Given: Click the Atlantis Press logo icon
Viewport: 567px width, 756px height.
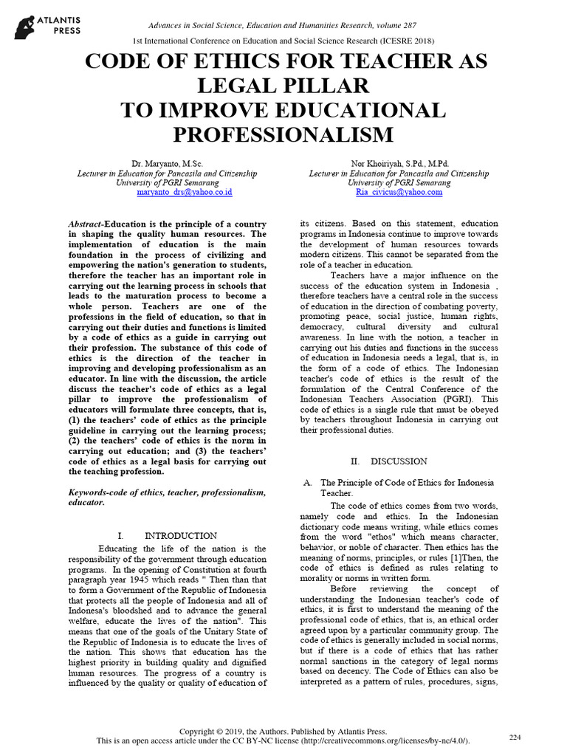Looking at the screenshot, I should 27,27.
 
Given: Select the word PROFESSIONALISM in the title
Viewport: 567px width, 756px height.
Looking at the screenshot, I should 283,134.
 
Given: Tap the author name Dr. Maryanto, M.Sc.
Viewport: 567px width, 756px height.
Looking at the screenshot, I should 167,163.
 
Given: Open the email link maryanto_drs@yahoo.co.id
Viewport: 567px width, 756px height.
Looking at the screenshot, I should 185,191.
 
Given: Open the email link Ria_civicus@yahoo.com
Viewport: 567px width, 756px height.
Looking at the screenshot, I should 399,191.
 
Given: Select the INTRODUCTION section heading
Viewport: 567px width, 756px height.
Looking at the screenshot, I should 181,535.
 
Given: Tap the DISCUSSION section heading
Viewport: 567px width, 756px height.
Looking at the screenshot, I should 399,461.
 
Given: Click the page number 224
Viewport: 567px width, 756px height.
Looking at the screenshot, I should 515,738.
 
